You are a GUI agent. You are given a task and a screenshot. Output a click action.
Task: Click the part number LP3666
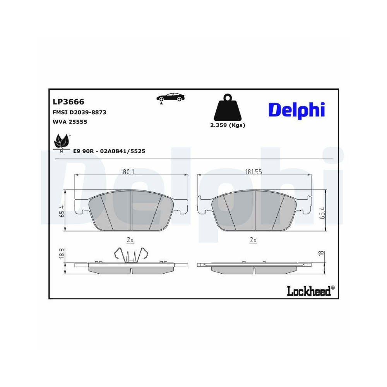[68, 102]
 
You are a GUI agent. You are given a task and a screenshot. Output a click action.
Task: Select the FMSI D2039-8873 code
[79, 112]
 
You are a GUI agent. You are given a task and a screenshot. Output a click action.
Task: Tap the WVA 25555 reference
[69, 122]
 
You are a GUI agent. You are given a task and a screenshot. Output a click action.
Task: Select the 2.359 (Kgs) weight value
[228, 125]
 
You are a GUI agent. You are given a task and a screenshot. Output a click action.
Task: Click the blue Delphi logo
[296, 110]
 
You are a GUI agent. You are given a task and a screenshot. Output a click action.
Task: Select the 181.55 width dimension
[254, 172]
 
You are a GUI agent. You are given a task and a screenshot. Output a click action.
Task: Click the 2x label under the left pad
[130, 240]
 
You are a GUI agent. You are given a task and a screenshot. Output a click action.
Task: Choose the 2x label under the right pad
[253, 240]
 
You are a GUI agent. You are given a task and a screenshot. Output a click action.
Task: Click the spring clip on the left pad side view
[131, 255]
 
